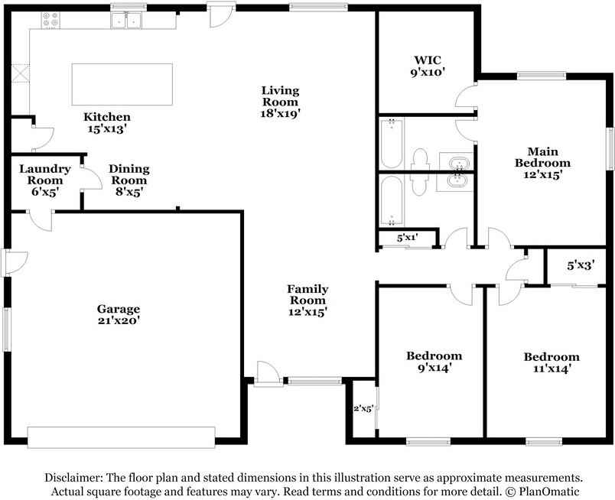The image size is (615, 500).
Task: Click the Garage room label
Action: point(119,314)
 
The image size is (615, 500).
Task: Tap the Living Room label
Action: point(281,102)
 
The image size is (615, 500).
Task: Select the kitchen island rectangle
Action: point(122,84)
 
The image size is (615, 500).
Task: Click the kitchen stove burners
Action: point(50,20)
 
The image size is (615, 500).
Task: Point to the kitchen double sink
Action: point(126,21)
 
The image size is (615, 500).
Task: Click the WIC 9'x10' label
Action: point(428,67)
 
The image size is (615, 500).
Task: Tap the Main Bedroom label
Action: point(542,163)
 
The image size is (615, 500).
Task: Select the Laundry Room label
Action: point(45,180)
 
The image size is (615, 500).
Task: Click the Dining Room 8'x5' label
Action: point(129,180)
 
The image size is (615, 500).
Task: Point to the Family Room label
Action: point(308,300)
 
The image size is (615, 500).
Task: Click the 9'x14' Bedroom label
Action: point(434,362)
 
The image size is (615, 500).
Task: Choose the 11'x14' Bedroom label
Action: point(552,362)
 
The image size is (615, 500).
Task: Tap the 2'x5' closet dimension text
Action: point(363,408)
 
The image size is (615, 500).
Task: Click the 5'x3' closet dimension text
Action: point(581,265)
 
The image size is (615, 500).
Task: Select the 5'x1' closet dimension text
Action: point(407,237)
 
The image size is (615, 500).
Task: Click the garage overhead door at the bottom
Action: point(121,437)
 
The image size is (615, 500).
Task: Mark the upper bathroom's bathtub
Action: point(392,144)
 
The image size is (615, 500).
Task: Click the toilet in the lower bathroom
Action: point(419,185)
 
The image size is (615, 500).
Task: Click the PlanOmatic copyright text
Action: point(542,492)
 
